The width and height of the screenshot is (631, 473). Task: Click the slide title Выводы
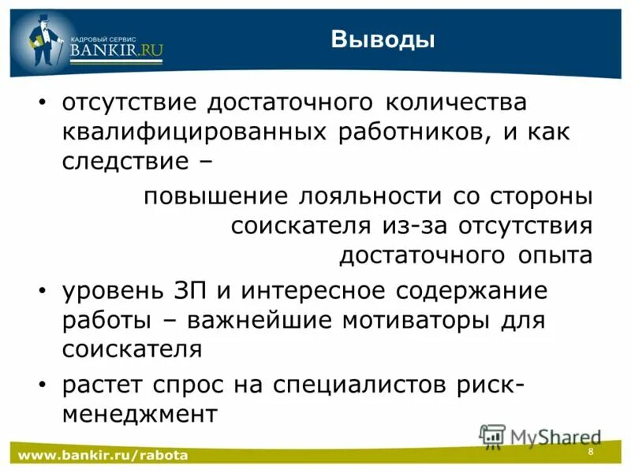click(383, 39)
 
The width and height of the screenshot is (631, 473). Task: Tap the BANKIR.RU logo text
click(116, 50)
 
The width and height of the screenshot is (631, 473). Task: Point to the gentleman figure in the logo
click(43, 44)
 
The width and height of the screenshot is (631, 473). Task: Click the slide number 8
click(590, 450)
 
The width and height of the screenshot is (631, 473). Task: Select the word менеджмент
click(139, 413)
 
